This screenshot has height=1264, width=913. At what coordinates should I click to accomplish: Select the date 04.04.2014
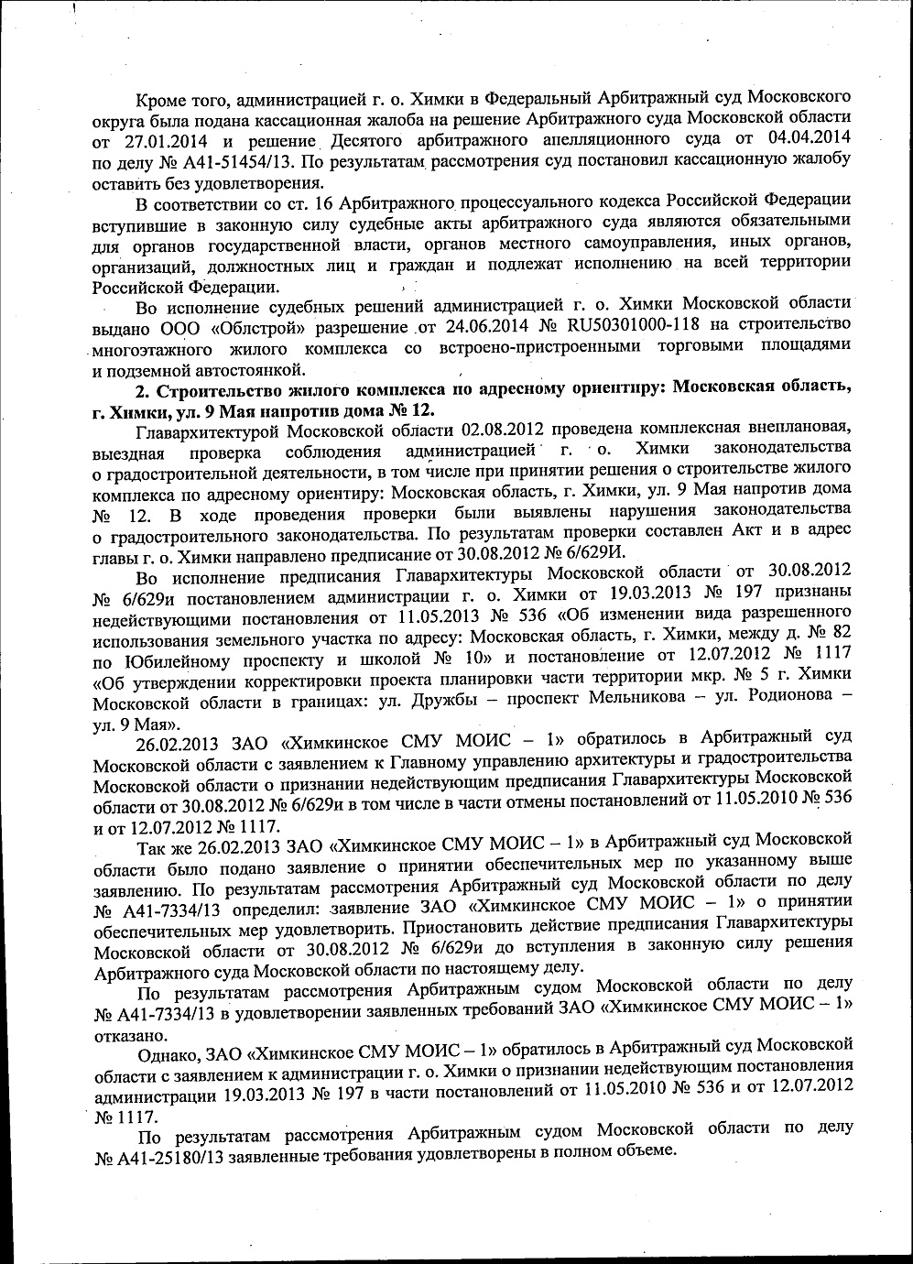[808, 138]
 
